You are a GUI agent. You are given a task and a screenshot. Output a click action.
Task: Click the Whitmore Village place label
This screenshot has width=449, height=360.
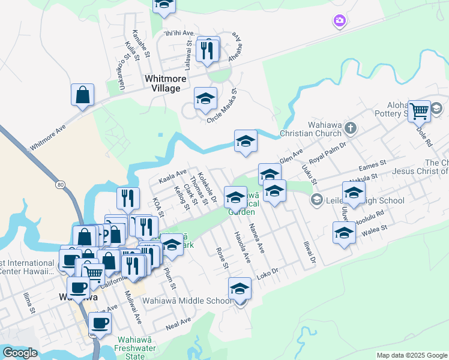click(162, 83)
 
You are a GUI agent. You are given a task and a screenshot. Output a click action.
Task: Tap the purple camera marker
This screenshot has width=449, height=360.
click(340, 22)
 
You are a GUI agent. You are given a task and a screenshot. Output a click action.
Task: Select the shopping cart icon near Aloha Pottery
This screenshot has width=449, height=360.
click(419, 110)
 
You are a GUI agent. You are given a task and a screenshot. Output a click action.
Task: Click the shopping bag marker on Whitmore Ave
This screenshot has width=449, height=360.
click(82, 95)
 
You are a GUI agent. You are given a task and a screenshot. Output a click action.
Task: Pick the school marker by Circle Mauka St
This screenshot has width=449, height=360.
click(205, 98)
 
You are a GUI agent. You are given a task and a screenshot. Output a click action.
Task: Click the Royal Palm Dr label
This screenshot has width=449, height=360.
click(333, 152)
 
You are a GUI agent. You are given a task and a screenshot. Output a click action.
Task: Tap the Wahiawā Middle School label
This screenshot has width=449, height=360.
click(187, 301)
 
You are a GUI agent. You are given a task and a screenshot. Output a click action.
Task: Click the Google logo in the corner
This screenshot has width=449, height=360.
click(20, 353)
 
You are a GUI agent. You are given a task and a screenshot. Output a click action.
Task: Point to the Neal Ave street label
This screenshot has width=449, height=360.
click(178, 324)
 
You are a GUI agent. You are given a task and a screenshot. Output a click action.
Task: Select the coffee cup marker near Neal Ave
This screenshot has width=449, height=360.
click(100, 323)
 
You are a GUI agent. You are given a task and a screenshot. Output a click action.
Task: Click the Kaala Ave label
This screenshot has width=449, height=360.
click(172, 176)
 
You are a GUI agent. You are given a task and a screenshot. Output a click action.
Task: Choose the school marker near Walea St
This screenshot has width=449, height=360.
click(344, 232)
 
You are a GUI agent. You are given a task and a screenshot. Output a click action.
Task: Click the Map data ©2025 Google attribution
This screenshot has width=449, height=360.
click(412, 355)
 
